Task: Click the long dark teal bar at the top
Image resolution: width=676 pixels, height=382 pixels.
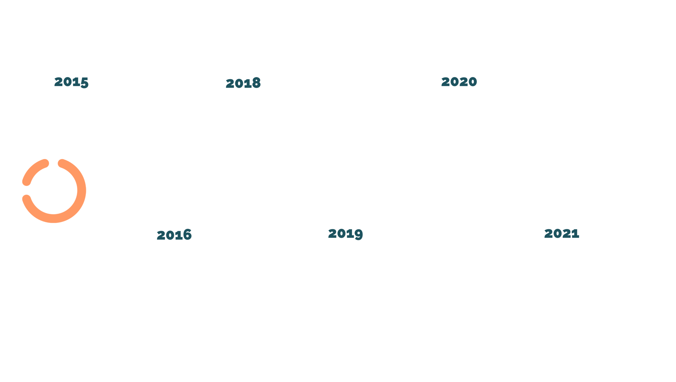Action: click(x=379, y=86)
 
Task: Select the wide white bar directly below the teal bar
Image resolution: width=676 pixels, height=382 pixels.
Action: click(x=406, y=118)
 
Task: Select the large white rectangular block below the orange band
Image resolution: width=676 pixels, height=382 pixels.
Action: click(x=352, y=206)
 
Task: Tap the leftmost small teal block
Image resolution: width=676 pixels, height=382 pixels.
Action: click(x=178, y=236)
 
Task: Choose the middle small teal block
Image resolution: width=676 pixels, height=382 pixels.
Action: click(x=344, y=236)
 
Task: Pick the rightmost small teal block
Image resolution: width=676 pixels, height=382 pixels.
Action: click(x=560, y=236)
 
